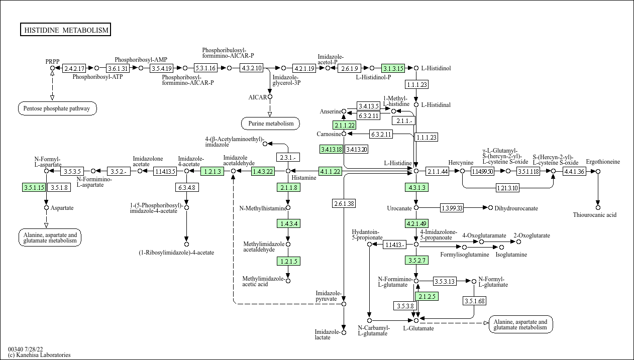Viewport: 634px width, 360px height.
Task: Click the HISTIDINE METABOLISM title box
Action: click(x=65, y=30)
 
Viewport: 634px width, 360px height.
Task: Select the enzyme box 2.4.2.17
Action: click(x=74, y=68)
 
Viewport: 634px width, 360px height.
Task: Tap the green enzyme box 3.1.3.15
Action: click(x=393, y=68)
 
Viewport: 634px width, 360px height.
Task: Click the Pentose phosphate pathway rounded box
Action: click(x=57, y=108)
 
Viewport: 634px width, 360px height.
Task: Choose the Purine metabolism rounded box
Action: click(x=270, y=124)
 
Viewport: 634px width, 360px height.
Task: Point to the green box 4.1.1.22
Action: click(x=330, y=171)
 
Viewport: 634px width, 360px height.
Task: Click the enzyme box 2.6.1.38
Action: click(x=344, y=203)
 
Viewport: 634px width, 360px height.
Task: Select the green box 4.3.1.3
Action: click(x=416, y=187)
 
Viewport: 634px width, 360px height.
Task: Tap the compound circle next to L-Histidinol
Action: click(x=416, y=68)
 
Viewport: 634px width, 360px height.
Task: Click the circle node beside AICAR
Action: click(x=270, y=97)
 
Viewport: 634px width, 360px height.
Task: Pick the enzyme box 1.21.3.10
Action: click(x=508, y=188)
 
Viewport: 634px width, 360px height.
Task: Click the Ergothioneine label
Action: click(x=603, y=162)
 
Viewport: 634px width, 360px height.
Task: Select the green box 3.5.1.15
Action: click(x=34, y=187)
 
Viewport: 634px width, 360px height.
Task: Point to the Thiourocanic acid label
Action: click(x=595, y=215)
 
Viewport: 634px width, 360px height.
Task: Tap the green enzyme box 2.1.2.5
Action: click(x=427, y=296)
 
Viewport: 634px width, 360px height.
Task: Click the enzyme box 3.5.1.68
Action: click(x=475, y=301)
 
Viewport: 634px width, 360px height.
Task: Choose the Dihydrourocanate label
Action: click(x=516, y=208)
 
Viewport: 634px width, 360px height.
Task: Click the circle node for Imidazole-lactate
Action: click(x=344, y=332)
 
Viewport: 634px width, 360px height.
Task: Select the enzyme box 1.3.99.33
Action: click(x=452, y=208)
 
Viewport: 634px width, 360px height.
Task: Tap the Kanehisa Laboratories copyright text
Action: click(x=39, y=355)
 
